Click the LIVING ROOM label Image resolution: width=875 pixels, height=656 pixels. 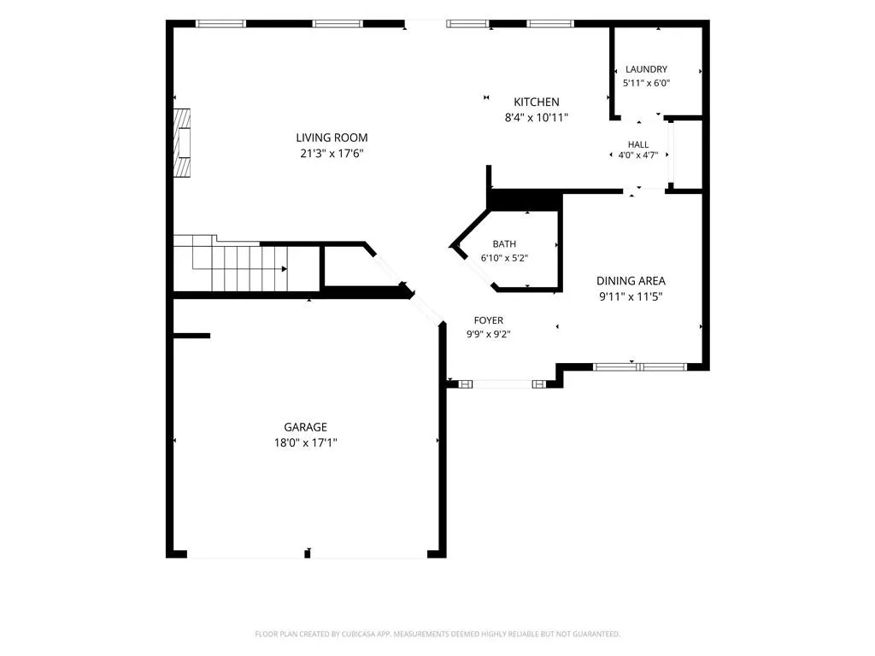click(332, 138)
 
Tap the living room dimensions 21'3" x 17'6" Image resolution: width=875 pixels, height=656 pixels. click(332, 154)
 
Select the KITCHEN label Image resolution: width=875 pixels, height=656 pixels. click(537, 102)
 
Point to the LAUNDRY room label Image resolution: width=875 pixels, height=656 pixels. click(646, 69)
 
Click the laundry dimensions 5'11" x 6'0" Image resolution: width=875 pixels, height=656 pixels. click(646, 83)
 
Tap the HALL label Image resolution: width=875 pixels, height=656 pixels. click(638, 144)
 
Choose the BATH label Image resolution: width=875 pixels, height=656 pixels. click(504, 243)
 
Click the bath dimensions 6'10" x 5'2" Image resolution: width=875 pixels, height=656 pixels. click(504, 258)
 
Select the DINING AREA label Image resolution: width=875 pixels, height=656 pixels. click(631, 281)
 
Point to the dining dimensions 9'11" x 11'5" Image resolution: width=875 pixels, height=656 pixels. click(631, 296)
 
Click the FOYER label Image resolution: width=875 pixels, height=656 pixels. click(488, 320)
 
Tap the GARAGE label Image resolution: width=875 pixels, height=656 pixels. click(305, 427)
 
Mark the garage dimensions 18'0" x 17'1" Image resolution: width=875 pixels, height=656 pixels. click(305, 443)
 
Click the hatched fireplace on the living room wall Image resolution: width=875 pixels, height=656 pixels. click(181, 143)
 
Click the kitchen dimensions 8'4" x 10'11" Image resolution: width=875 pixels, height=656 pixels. click(537, 118)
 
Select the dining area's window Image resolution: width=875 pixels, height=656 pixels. click(639, 367)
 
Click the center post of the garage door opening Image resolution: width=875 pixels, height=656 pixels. click(307, 553)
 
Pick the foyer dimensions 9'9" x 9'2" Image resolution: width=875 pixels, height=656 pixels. click(488, 334)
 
